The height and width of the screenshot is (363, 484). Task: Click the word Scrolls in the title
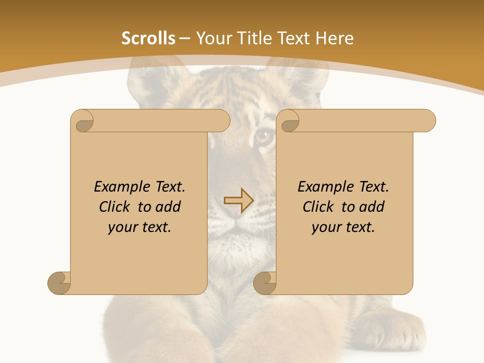point(148,38)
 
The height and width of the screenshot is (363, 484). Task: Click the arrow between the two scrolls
point(238,201)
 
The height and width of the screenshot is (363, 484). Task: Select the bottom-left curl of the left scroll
point(59,283)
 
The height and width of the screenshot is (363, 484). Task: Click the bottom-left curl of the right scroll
point(265,283)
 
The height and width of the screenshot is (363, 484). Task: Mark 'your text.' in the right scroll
point(343,227)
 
